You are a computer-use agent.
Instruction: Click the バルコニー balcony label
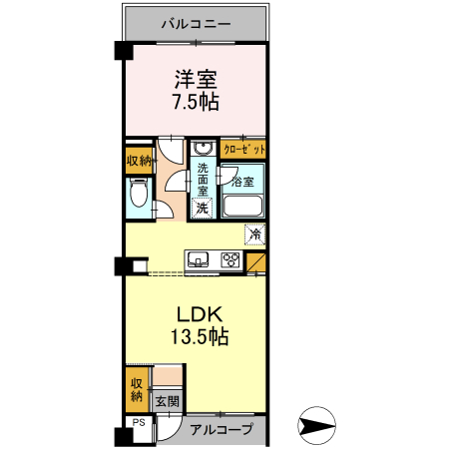[x=196, y=22]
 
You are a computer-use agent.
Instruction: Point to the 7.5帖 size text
[x=196, y=102]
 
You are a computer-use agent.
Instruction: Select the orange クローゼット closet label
[x=243, y=149]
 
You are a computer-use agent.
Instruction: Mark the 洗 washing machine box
[x=203, y=208]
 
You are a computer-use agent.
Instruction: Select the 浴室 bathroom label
[x=243, y=182]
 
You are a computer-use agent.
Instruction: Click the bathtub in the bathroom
[x=243, y=207]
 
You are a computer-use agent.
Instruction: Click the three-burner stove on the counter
[x=230, y=261]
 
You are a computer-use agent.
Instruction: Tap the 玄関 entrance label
[x=166, y=401]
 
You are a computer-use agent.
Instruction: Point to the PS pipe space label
[x=139, y=422]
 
